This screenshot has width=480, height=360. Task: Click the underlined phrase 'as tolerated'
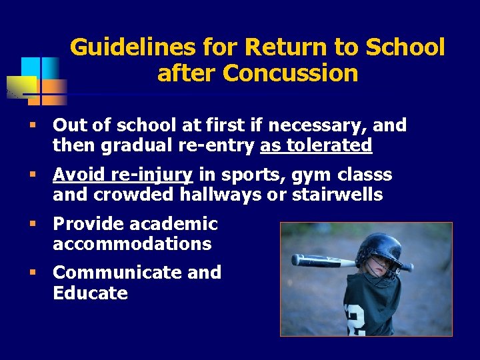point(315,145)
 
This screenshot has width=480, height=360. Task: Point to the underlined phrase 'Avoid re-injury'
point(123,175)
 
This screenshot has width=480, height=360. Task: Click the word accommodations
point(132,244)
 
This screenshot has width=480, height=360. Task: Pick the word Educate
point(90,293)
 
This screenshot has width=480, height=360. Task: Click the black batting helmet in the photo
point(379,251)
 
